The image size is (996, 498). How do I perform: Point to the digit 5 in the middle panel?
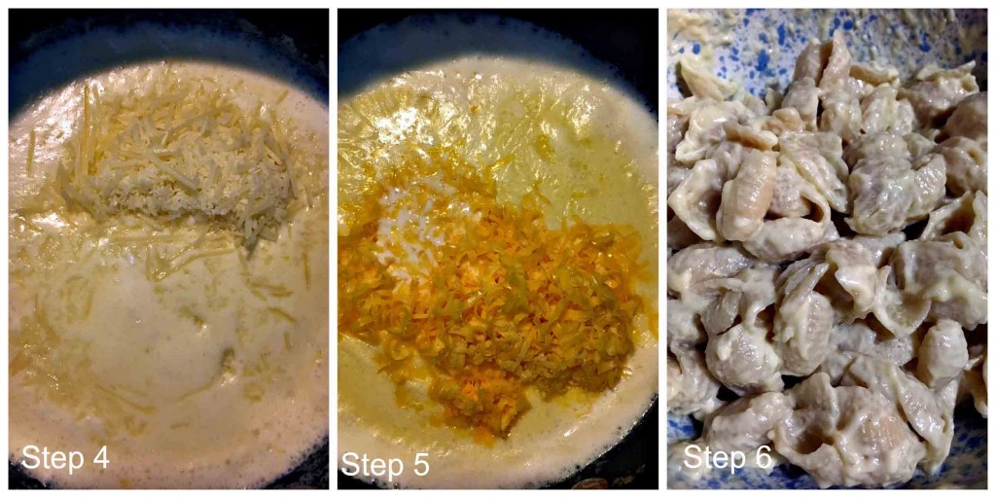(420, 465)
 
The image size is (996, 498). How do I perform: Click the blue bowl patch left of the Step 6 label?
(678, 457)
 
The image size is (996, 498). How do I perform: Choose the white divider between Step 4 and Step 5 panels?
(333, 249)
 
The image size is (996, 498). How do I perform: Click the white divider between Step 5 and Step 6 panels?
(662, 249)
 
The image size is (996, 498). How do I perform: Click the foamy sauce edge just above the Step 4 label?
(68, 423)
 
